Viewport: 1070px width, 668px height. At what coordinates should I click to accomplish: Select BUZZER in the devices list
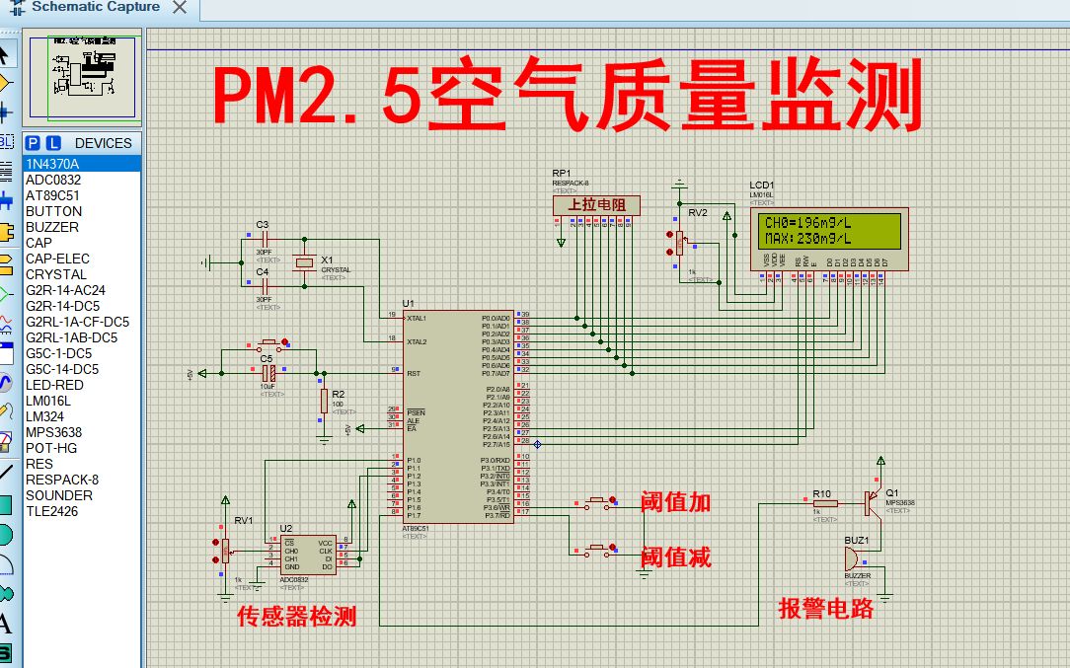(52, 227)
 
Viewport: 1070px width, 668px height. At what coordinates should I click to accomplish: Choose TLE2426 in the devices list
(51, 511)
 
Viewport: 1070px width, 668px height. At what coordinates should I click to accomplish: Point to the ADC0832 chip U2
(308, 556)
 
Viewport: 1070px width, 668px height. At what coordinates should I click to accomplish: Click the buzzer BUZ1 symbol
(855, 558)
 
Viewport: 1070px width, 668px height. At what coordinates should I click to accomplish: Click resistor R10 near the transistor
(825, 503)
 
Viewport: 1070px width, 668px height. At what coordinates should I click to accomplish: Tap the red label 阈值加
(675, 501)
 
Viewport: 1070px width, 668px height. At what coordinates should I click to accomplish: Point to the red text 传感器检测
(296, 617)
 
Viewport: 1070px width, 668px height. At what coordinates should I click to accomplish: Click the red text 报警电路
(826, 608)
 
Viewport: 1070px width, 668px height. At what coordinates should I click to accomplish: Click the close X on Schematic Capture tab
(179, 8)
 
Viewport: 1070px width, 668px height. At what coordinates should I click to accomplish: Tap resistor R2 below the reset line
(324, 400)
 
